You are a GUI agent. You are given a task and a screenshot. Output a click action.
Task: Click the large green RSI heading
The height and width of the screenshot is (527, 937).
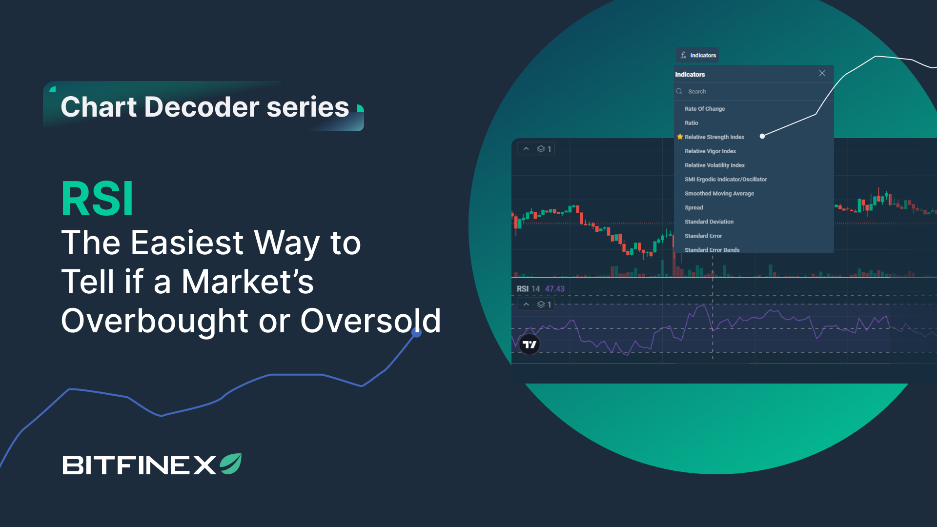point(97,199)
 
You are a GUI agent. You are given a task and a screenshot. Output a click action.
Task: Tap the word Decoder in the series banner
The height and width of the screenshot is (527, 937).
point(202,107)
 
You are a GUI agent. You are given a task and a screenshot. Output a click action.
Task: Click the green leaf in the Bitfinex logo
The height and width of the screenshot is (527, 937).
point(231,464)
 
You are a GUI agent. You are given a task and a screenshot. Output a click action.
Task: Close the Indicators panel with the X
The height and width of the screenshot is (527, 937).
point(822,73)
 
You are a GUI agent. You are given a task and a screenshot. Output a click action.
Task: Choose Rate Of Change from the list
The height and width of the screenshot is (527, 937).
point(704,109)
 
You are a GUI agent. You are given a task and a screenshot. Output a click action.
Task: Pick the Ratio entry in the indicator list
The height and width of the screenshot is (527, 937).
point(691,123)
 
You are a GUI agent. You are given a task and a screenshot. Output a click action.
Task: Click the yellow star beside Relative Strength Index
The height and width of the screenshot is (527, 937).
point(680,137)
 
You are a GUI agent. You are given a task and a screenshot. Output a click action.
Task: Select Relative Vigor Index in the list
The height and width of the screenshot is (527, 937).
point(710,151)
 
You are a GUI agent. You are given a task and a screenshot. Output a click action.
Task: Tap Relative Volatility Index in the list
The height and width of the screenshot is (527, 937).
point(714,165)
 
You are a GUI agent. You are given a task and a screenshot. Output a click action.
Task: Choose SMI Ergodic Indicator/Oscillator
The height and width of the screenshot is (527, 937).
point(725,180)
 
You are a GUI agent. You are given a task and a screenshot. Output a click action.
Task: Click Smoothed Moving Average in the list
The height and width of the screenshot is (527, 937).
point(719,194)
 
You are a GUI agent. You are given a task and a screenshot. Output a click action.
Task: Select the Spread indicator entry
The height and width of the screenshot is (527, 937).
point(693,208)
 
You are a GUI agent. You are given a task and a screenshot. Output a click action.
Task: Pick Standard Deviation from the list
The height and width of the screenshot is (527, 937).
point(709,222)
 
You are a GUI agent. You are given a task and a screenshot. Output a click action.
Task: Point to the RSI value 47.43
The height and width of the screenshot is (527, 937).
point(554,289)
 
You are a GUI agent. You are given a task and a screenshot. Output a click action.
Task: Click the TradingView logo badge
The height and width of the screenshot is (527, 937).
point(530,345)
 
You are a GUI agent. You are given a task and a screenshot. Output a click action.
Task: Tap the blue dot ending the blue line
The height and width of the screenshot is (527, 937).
point(416,333)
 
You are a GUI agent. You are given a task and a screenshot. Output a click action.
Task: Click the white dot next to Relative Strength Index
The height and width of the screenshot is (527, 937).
point(762,136)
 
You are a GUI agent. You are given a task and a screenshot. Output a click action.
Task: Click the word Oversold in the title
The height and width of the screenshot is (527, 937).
point(370,321)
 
